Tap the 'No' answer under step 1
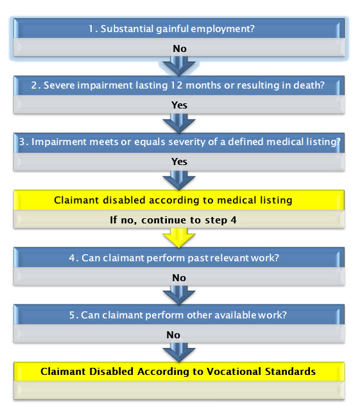point(180,49)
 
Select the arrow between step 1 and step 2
point(179,65)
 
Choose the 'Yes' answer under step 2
point(179,105)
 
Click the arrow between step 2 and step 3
point(179,123)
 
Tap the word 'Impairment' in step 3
point(59,142)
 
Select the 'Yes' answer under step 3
point(179,162)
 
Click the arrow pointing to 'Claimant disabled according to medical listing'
point(179,180)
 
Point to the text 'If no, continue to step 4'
point(173,220)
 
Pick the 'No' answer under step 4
point(179,278)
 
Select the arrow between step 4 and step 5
point(179,295)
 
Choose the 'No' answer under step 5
point(173,335)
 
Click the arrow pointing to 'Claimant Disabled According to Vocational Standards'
point(179,352)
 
